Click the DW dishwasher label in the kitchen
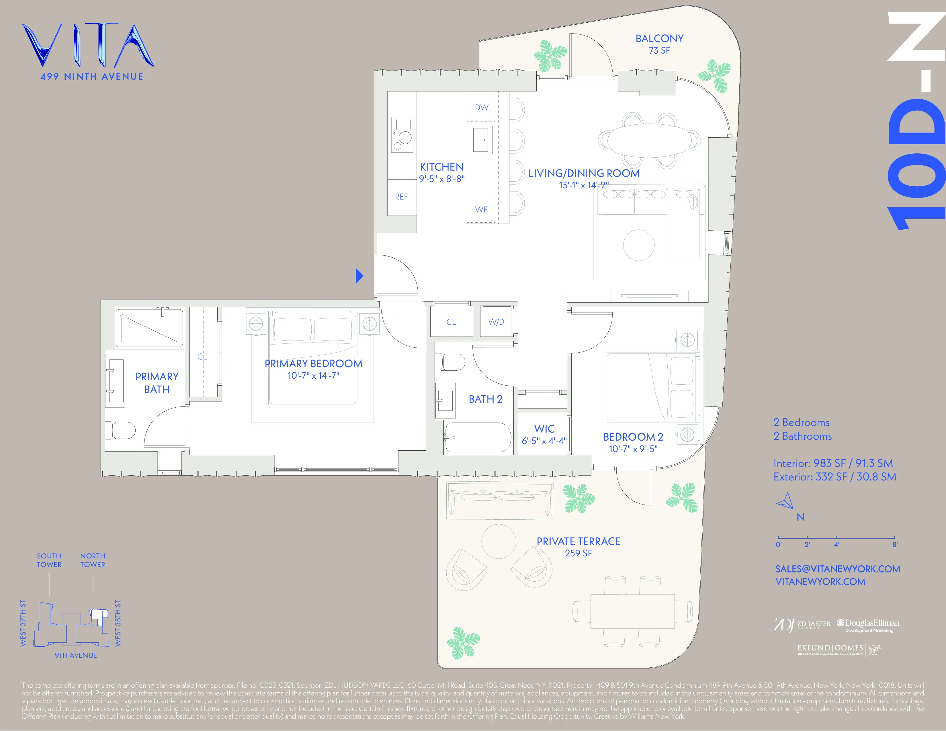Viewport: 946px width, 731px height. pos(481,107)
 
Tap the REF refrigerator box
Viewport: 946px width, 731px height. pos(401,197)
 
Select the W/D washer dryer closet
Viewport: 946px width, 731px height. pos(497,322)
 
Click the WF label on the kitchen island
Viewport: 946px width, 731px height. pos(481,210)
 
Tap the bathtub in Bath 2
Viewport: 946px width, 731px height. pos(478,438)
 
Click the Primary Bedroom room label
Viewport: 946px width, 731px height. pos(313,364)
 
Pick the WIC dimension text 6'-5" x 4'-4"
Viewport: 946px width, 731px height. pos(544,441)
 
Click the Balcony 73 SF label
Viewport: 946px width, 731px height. pos(659,44)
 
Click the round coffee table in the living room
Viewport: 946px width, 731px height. pos(638,245)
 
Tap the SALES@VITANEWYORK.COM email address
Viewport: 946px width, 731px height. pos(837,569)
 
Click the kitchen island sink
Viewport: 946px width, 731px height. pos(481,140)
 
